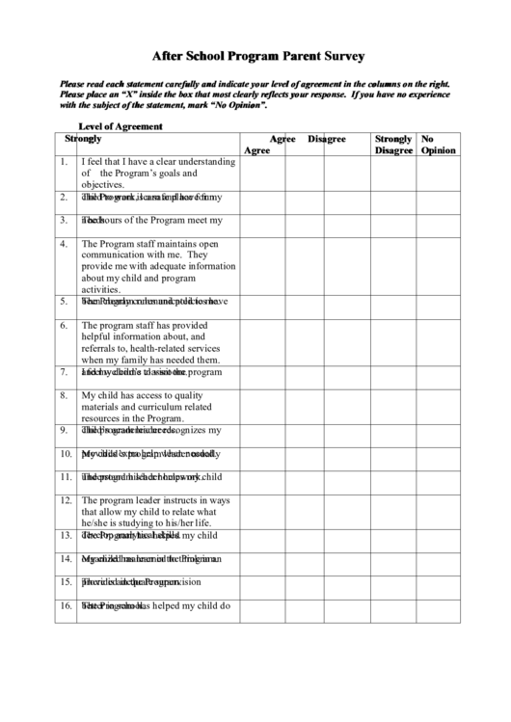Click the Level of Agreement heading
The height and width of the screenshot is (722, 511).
click(x=120, y=126)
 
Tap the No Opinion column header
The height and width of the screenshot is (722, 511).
click(x=438, y=145)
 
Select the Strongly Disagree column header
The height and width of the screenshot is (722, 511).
click(x=393, y=145)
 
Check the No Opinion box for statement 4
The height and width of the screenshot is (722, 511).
click(x=440, y=265)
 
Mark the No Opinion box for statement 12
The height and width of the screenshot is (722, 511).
click(x=440, y=511)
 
